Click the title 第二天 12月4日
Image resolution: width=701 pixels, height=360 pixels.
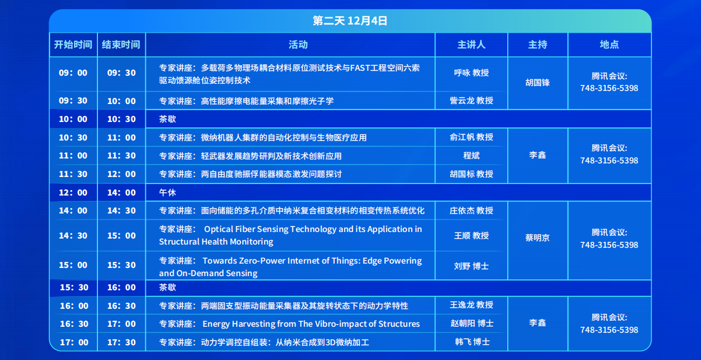coord(350,21)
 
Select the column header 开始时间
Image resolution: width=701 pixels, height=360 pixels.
coord(73,45)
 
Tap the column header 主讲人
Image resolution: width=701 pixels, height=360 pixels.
coord(471,45)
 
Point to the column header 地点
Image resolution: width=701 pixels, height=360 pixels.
coord(609,45)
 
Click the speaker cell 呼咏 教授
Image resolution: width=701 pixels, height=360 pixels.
coord(471,72)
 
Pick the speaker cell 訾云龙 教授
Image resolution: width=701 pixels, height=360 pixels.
coord(471,101)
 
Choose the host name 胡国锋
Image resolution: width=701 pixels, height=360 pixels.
coord(537,83)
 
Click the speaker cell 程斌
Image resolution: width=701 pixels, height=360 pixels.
coord(471,156)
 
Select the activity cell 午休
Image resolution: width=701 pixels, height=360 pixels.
coord(168,192)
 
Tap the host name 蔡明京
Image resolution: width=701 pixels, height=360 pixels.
coord(537,237)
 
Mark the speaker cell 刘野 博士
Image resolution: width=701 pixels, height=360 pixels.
coord(471,266)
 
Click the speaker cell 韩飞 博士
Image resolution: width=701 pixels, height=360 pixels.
coord(472,341)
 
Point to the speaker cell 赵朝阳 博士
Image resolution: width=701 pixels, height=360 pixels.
coord(472,323)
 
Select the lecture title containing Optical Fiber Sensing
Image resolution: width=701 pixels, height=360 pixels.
coord(291,235)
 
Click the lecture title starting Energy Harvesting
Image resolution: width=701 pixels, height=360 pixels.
coord(290,324)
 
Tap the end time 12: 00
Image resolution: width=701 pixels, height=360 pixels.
coord(121,174)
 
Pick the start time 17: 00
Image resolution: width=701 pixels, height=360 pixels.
coord(74,342)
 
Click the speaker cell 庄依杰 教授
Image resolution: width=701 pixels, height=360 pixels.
coord(471,210)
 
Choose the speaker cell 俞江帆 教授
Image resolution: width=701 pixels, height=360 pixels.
coord(471,137)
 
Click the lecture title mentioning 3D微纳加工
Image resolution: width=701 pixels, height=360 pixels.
coord(264,342)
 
